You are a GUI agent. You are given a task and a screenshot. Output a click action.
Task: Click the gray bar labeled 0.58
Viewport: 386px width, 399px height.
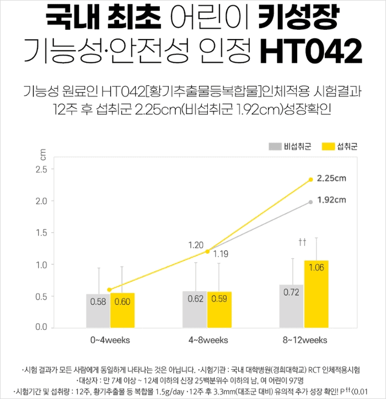pos(98,310)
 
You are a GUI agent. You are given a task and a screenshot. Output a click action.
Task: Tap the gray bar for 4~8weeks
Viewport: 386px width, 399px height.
pos(195,309)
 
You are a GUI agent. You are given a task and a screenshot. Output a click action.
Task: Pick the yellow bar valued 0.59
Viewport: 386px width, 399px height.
pos(219,309)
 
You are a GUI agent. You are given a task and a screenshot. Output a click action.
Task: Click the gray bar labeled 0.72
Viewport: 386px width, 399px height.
pos(292,306)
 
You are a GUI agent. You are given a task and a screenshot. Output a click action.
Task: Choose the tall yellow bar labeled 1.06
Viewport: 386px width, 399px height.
pos(316,294)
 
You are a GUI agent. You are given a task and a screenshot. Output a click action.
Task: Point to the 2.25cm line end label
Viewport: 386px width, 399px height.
pos(332,178)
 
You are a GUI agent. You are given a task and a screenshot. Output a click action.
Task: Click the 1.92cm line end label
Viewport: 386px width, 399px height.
pos(332,199)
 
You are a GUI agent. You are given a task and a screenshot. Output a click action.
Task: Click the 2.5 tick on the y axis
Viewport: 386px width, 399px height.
pos(41,170)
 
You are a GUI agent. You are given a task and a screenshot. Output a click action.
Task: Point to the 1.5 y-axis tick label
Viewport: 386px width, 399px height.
pos(41,233)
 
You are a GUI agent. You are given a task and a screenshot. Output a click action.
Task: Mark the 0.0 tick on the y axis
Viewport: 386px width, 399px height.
pos(41,327)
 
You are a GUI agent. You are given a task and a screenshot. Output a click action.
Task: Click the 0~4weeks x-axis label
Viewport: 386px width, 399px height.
pos(110,340)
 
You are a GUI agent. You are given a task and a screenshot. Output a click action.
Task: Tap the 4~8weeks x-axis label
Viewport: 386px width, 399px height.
pos(207,340)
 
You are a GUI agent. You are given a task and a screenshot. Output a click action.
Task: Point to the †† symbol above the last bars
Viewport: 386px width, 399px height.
pos(302,242)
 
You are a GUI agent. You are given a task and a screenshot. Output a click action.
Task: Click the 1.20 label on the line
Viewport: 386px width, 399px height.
pos(196,245)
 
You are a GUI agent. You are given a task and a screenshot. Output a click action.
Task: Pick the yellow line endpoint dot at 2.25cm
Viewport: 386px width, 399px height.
pos(311,179)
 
